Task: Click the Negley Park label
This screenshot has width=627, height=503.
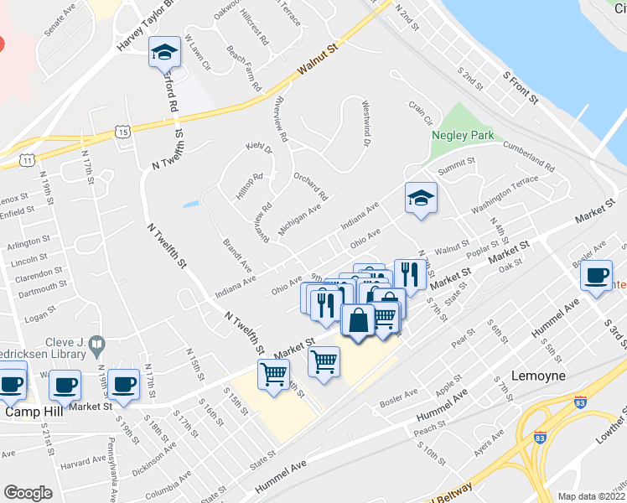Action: [x=463, y=134]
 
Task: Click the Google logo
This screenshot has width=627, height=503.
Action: [x=28, y=493]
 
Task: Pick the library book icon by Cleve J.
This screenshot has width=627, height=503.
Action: [x=97, y=345]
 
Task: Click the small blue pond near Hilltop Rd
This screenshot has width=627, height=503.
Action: [x=190, y=203]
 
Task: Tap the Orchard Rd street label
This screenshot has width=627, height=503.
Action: [x=310, y=186]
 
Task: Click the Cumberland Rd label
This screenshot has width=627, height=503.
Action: [x=528, y=157]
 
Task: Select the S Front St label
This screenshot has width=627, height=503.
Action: [x=520, y=87]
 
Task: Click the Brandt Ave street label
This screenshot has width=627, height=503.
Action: [x=238, y=255]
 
